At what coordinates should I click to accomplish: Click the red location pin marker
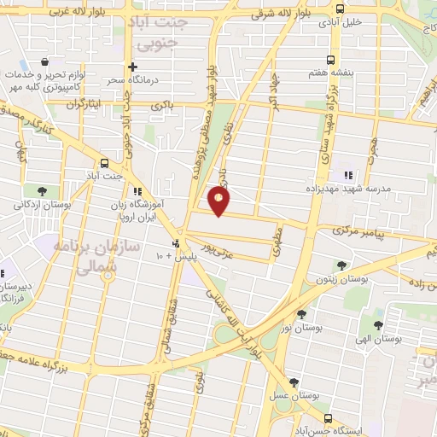click(219, 201)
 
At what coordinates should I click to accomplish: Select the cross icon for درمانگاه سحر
click(132, 67)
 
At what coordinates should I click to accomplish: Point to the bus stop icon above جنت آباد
click(105, 162)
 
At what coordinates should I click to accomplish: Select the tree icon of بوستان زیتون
click(341, 265)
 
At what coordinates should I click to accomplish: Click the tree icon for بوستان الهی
click(378, 324)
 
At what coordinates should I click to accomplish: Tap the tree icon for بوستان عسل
click(294, 383)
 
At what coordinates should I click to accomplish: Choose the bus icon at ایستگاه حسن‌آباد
click(329, 418)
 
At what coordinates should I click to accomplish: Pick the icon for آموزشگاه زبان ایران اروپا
click(137, 191)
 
